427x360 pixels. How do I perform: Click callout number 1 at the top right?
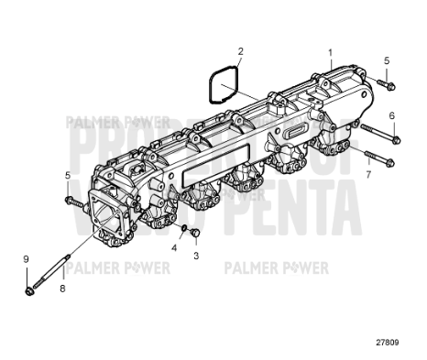coord(331,53)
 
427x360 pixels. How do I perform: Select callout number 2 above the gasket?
coord(240,52)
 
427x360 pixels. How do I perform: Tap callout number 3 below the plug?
coord(195,256)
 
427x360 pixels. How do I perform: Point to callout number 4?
coord(174,248)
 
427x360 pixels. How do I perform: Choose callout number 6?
coord(391,116)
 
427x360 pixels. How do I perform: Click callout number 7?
coord(367,172)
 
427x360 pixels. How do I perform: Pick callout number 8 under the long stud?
coord(62,289)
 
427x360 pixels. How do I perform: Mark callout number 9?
coord(26,259)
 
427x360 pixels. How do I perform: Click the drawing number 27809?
coord(386,344)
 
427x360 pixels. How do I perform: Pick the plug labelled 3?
coord(194,236)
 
